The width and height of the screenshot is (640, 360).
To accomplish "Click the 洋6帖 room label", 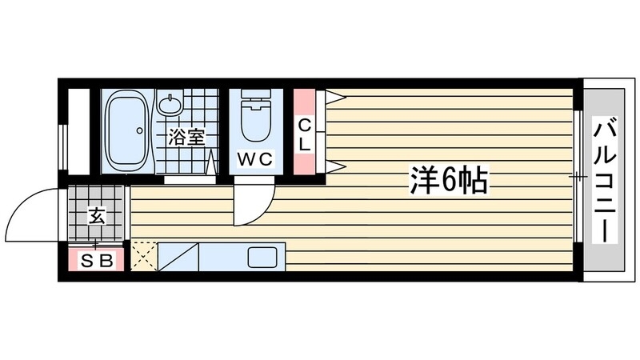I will [x=448, y=182].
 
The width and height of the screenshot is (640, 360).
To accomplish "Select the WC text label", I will [x=256, y=158].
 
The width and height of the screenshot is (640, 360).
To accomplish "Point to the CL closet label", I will [x=305, y=134].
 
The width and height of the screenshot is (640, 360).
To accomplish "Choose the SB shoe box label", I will [x=94, y=260].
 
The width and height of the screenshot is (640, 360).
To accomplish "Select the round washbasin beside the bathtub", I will [x=172, y=104].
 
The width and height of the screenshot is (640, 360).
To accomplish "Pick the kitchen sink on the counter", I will [x=261, y=258].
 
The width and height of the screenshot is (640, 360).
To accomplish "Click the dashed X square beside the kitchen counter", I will [x=143, y=257].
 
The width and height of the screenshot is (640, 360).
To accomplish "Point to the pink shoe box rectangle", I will [x=95, y=260].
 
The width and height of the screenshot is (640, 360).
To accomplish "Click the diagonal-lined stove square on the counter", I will [x=177, y=257].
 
